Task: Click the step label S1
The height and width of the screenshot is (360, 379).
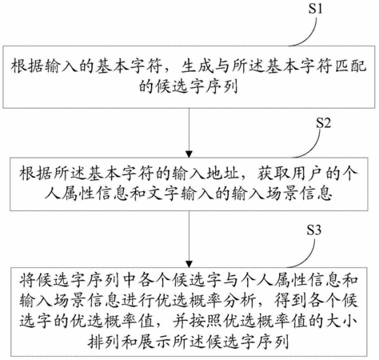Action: coord(315,9)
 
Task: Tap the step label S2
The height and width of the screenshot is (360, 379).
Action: coord(323,123)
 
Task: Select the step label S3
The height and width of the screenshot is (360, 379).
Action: coord(313,230)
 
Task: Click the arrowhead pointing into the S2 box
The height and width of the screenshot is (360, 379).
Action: coord(189,154)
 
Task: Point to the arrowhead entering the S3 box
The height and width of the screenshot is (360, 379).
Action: coord(189,264)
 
